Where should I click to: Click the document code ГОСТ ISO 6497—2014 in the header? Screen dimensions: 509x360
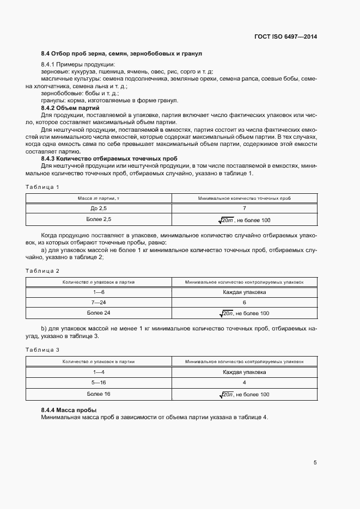tap(285, 36)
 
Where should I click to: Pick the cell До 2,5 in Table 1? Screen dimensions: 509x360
tap(99, 208)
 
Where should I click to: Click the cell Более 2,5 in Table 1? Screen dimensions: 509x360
tap(99, 219)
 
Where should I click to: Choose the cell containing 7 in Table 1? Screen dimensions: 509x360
tap(245, 208)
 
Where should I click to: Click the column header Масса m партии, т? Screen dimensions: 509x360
tap(99, 198)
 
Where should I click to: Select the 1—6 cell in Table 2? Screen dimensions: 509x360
tap(99, 292)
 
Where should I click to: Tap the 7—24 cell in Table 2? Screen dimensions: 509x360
tap(99, 302)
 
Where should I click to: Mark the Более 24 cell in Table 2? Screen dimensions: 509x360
tap(99, 313)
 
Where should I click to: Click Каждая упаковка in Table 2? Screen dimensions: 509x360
tap(245, 292)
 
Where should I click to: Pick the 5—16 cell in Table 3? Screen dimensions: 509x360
tap(99, 383)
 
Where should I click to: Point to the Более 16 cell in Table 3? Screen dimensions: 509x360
tap(99, 394)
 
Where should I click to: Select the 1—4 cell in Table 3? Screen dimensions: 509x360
tap(99, 372)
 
